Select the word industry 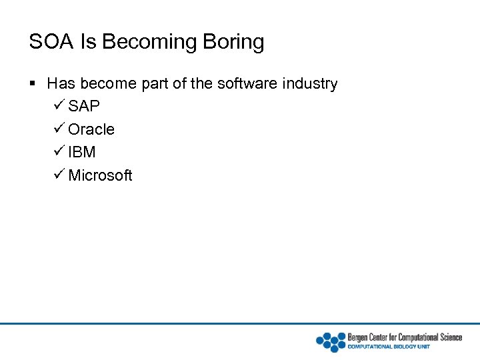pyautogui.click(x=310, y=84)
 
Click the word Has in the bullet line pyautogui.click(x=61, y=84)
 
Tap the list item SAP pyautogui.click(x=84, y=107)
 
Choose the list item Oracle pyautogui.click(x=91, y=129)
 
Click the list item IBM pyautogui.click(x=82, y=152)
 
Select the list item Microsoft pyautogui.click(x=100, y=175)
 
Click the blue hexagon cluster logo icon pyautogui.click(x=331, y=341)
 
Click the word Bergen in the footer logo pyautogui.click(x=361, y=337)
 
